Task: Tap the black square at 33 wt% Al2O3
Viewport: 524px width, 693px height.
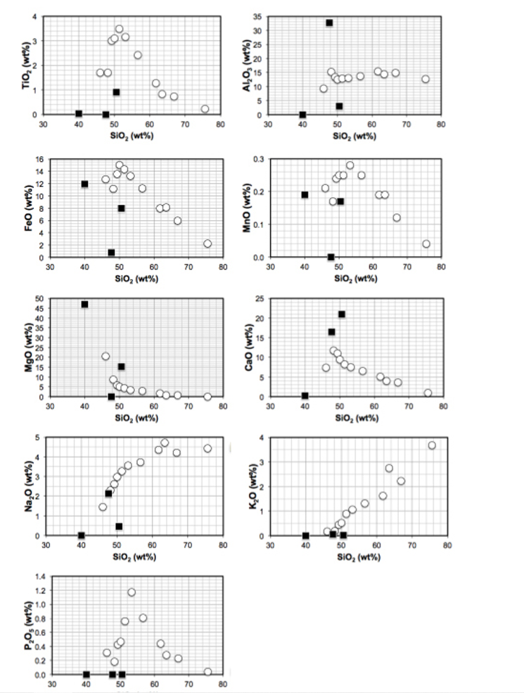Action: point(329,23)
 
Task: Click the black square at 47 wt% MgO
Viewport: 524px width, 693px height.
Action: point(84,305)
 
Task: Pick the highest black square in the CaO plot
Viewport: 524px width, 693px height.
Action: point(342,314)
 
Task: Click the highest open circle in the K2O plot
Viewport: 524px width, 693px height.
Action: point(432,445)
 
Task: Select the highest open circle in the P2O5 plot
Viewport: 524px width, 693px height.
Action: point(132,592)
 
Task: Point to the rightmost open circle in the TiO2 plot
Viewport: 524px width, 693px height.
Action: point(205,109)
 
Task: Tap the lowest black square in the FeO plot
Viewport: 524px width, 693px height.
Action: point(111,253)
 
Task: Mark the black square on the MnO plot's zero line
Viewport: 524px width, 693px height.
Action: point(331,258)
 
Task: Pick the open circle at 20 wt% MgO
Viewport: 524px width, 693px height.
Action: point(106,357)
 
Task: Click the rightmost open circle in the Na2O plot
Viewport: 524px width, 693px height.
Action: point(207,448)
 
